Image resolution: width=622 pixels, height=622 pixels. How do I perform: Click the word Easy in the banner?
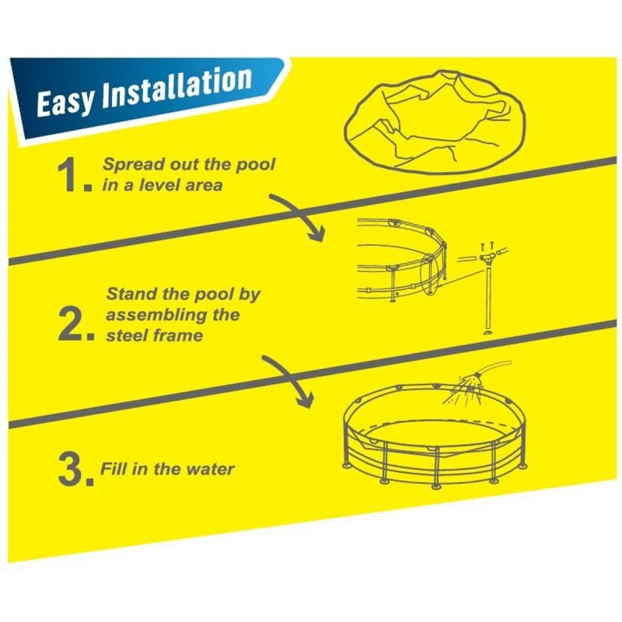(x=66, y=102)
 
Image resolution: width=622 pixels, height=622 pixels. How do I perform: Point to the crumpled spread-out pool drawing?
(x=435, y=122)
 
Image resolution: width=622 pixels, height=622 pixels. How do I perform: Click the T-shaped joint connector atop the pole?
(x=489, y=258)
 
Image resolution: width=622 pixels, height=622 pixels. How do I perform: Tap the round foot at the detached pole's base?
(x=488, y=332)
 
